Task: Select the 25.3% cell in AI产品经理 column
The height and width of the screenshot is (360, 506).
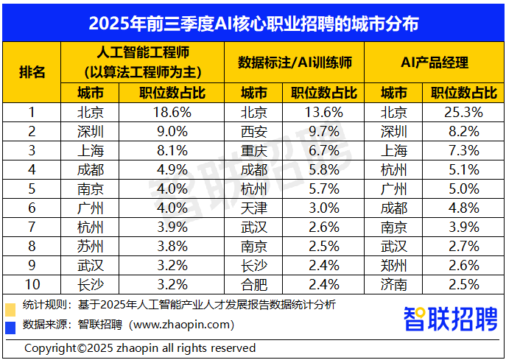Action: coord(456,113)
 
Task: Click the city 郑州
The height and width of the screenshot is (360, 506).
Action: coord(394,266)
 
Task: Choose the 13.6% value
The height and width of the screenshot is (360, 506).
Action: coord(320,113)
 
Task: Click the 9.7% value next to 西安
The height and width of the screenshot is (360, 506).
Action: coord(320,132)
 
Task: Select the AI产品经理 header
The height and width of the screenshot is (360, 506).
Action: coord(435,63)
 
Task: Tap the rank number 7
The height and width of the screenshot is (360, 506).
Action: coord(32,227)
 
